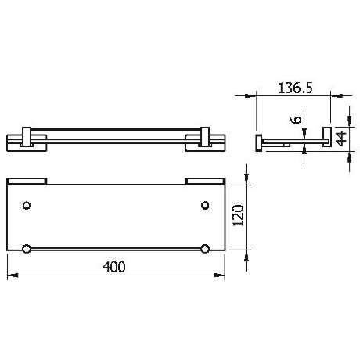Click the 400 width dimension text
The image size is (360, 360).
pos(114,267)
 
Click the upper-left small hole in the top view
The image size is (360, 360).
pos(27,206)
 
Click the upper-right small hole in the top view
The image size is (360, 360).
pos(205,206)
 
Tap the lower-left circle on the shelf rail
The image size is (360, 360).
pos(27,249)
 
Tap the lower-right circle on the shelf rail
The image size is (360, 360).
pos(205,249)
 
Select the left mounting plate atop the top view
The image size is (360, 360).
pos(27,181)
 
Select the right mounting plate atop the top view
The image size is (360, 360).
pos(205,181)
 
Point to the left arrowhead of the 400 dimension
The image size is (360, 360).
pos(11,275)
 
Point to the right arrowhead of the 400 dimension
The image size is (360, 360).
pos(222,275)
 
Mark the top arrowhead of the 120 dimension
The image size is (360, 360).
pos(247,182)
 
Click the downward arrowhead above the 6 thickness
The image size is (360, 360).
pos(304,134)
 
